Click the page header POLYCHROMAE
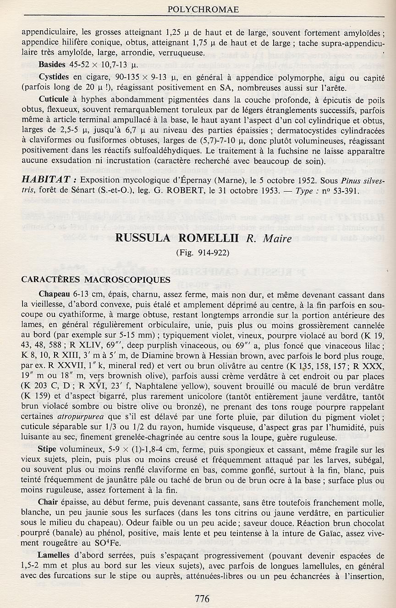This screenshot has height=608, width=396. point(198,9)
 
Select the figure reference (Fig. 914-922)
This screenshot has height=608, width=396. point(202,252)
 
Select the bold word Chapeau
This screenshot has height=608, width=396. point(55,293)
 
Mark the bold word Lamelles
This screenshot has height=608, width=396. point(55,555)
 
